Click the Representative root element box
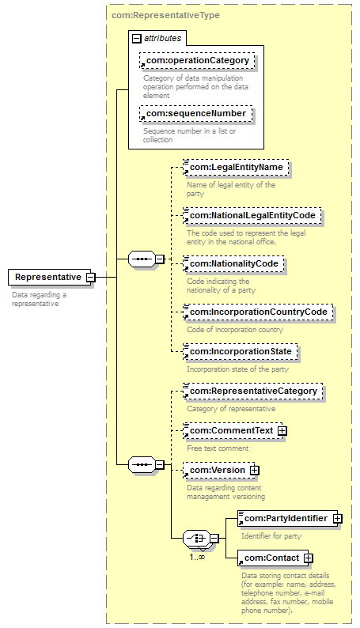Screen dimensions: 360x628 50,277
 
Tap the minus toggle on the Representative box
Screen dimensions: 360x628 91,277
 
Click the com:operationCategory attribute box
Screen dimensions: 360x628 198,60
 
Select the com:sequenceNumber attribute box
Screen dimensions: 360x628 195,113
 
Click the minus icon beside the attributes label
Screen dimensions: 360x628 137,39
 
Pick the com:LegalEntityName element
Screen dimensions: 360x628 236,168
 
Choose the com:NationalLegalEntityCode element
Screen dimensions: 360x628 252,215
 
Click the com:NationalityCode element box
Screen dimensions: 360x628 233,264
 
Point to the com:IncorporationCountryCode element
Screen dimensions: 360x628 258,312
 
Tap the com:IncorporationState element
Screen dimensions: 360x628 241,352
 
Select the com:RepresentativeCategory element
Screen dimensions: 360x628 252,392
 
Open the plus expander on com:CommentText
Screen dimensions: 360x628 282,431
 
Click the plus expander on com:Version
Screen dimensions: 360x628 254,471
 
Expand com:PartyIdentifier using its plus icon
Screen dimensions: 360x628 338,519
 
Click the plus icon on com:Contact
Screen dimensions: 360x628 309,558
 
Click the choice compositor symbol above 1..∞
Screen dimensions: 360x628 196,539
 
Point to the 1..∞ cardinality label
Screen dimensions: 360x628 197,557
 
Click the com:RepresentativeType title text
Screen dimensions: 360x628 165,15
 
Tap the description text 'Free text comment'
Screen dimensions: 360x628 218,448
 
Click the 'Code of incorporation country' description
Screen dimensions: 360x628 235,330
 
